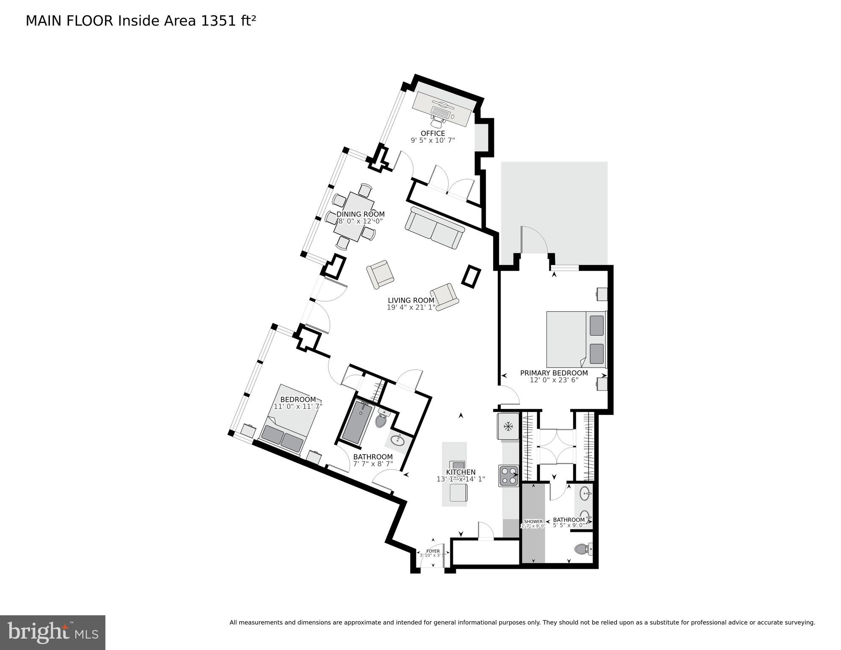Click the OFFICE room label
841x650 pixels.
coord(433,133)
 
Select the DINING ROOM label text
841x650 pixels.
coord(360,214)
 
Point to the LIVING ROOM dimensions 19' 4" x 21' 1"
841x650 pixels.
coord(411,307)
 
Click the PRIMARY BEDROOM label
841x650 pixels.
coord(554,373)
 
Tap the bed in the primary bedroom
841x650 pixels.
coord(576,340)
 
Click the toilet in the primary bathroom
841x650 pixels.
coord(583,549)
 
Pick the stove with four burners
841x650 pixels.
coord(508,476)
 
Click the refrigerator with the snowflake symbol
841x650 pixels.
coord(508,426)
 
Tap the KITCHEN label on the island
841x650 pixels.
coord(460,472)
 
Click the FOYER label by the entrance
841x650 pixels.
coord(433,551)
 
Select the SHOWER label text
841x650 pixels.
coord(533,522)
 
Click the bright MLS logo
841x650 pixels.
coord(52,633)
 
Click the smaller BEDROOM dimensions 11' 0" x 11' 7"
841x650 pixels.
coord(298,407)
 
